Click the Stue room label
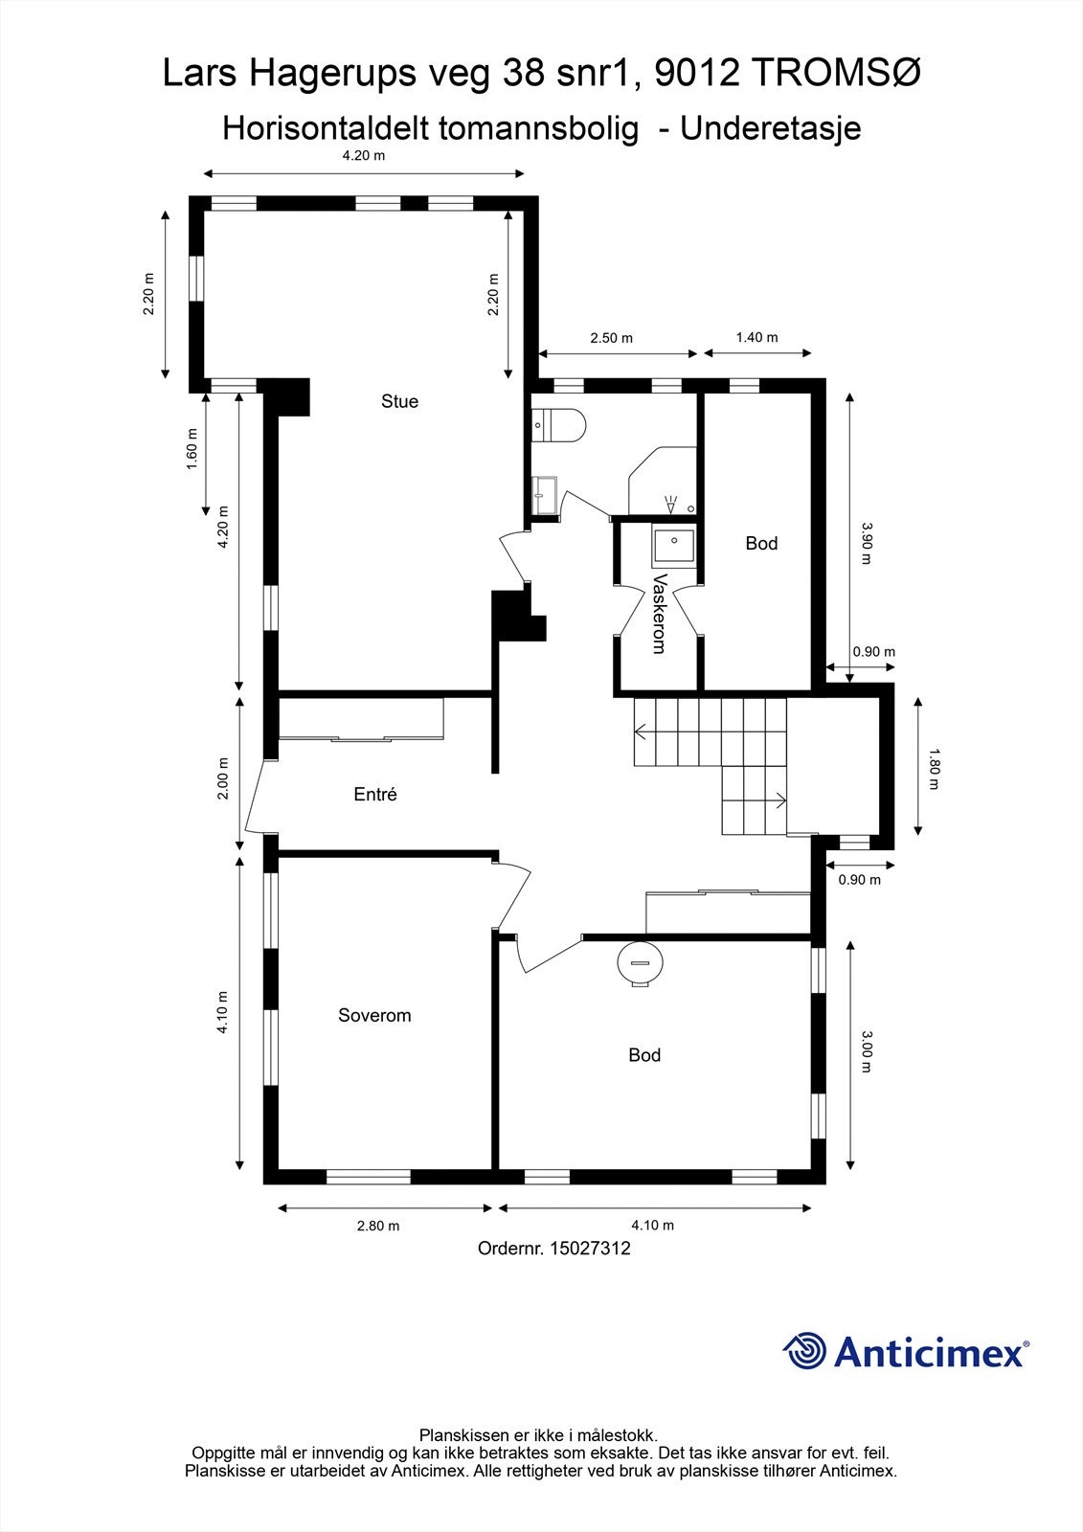pyautogui.click(x=399, y=401)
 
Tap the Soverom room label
pyautogui.click(x=374, y=1015)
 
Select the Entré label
pyautogui.click(x=374, y=794)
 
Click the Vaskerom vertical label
pyautogui.click(x=658, y=614)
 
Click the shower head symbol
pyautogui.click(x=670, y=502)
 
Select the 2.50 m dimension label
pyautogui.click(x=611, y=338)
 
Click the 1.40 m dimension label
pyautogui.click(x=756, y=337)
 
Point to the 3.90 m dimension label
pyautogui.click(x=867, y=543)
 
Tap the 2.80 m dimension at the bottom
pyautogui.click(x=378, y=1226)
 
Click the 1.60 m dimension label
pyautogui.click(x=192, y=456)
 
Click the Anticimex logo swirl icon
pyautogui.click(x=804, y=1351)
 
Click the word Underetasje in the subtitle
pyautogui.click(x=770, y=127)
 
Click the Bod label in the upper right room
pyautogui.click(x=761, y=543)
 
